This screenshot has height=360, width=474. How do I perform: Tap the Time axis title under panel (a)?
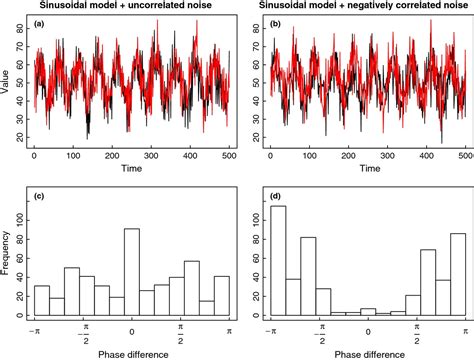tap(133, 170)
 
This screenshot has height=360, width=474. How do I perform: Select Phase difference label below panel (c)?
tap(133, 352)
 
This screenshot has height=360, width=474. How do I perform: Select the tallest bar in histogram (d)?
tap(279, 262)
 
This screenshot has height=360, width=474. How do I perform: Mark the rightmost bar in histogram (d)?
tap(458, 275)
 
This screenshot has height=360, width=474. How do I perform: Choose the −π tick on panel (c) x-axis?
tap(35, 329)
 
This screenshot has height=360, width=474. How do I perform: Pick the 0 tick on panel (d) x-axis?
tap(369, 329)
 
